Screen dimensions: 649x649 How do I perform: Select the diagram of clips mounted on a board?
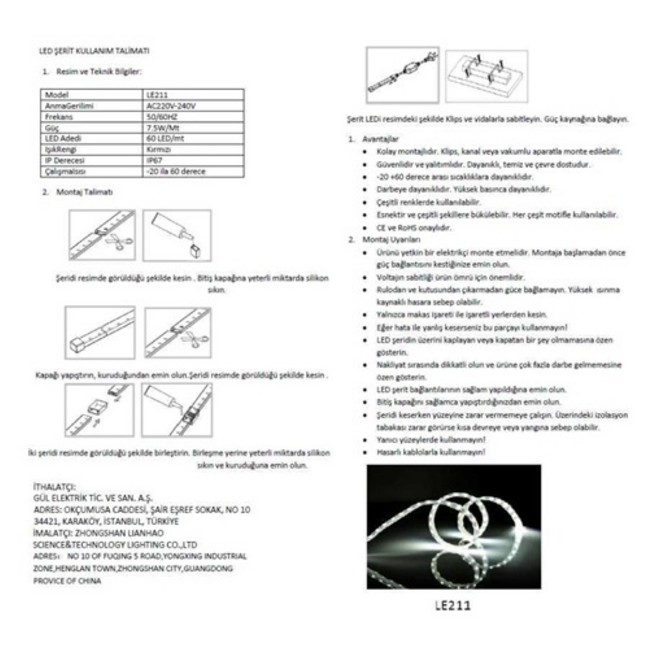click(486, 75)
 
